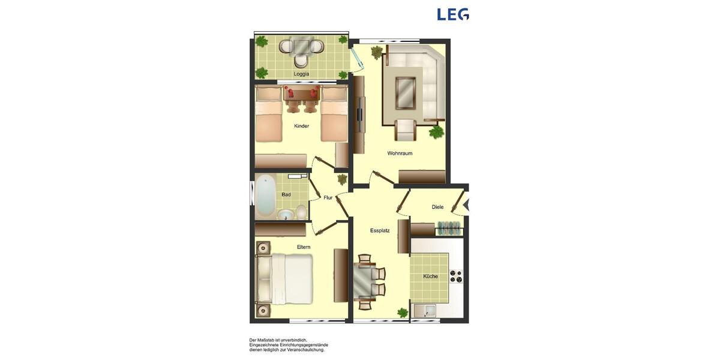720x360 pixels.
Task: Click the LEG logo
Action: (452, 14)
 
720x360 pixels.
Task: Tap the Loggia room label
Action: (301, 74)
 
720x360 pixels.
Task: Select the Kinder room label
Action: (301, 126)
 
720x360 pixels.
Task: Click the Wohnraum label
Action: (400, 153)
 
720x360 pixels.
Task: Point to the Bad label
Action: (286, 194)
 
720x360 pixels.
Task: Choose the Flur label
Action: (328, 197)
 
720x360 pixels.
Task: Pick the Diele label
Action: (437, 207)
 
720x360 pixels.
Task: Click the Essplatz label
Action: (380, 230)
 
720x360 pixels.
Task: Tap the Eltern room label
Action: (304, 247)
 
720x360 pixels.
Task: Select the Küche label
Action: (430, 277)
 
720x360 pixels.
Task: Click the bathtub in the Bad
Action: (265, 196)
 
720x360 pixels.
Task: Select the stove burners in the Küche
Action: (456, 276)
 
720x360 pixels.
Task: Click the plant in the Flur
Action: (342, 179)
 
